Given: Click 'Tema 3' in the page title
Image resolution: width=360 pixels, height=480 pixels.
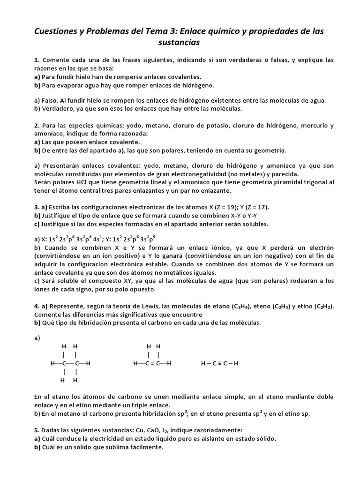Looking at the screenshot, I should point(146,31).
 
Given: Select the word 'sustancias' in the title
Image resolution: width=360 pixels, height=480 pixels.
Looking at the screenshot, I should point(180,43).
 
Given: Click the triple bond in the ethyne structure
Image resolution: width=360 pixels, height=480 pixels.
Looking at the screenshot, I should point(220,363).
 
